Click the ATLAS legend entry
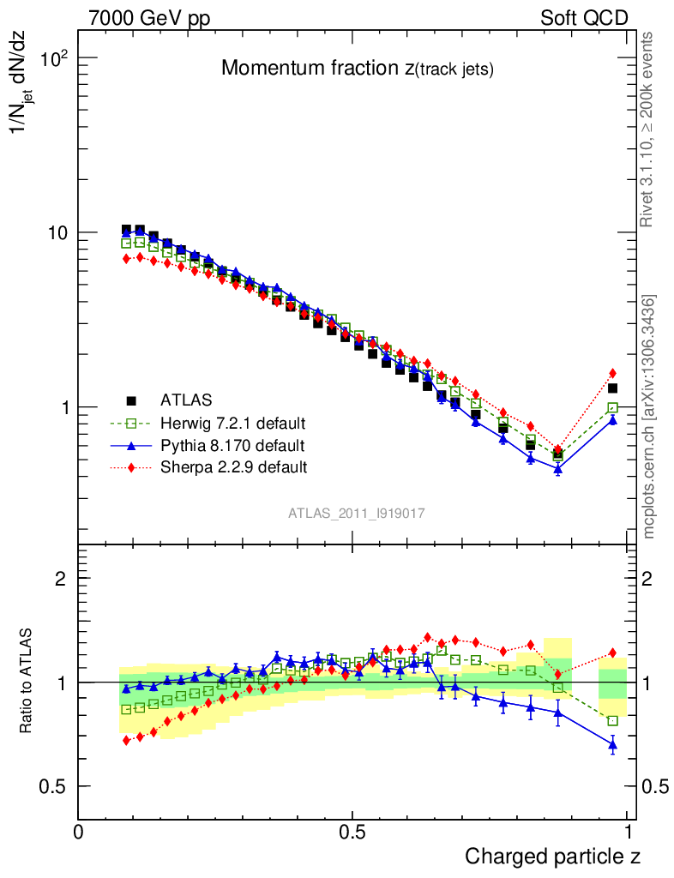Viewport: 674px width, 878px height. coord(185,400)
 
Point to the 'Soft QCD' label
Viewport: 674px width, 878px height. coord(584,18)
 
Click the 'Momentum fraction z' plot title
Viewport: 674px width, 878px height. coord(358,69)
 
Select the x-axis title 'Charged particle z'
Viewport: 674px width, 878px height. coord(552,856)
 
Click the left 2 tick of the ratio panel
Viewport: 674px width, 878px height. coord(61,579)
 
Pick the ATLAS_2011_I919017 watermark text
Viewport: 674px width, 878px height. coord(357,513)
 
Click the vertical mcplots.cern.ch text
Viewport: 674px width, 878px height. coord(649,417)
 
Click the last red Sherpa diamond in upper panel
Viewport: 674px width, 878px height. coord(612,373)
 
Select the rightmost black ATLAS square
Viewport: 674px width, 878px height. coord(612,388)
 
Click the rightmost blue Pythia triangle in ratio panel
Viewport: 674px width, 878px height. coord(612,745)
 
